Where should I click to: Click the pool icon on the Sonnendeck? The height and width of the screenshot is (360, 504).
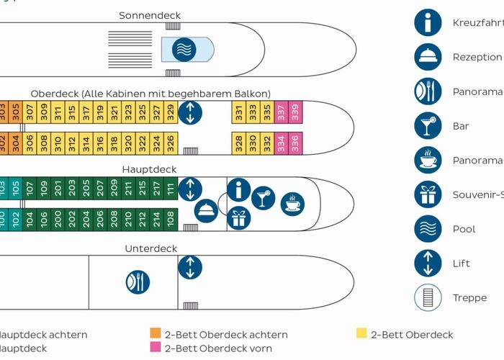point(186,49)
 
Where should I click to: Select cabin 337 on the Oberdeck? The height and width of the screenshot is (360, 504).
point(281,112)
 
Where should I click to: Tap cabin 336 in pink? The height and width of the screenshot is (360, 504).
point(294,143)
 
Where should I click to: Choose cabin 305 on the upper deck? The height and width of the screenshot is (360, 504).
point(16,112)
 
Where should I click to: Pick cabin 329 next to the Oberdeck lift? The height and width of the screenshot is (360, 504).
point(171,112)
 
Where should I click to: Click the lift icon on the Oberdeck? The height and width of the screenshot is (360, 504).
point(190,113)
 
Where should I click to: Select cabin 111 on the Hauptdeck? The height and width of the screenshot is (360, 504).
point(171,189)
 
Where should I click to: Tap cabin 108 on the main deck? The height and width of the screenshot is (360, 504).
point(171,219)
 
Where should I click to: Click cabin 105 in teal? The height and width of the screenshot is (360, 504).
point(16,189)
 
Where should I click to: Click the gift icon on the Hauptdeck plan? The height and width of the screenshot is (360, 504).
point(239,217)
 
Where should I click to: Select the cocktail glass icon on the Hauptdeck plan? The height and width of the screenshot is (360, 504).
point(264,197)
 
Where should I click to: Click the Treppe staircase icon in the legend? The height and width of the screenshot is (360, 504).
point(428,297)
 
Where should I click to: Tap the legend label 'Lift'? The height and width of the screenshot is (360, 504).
point(462,264)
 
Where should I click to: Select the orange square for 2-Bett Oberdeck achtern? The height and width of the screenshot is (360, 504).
point(155,334)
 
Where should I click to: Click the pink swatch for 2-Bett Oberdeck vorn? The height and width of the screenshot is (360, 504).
point(155,348)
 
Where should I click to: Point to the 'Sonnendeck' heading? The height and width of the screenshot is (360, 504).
point(150,15)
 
